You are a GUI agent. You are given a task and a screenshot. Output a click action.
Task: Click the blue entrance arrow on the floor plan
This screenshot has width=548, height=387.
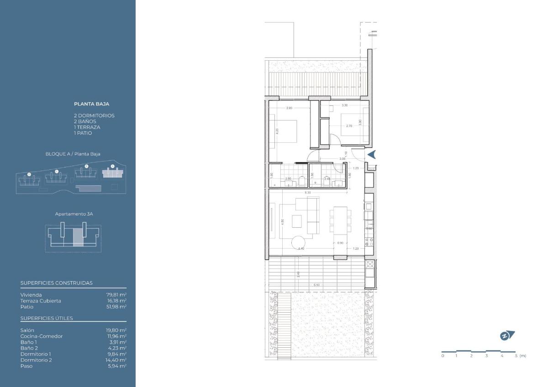click(x=372, y=155)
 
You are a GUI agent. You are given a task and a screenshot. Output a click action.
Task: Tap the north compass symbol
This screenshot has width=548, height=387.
click(x=507, y=336)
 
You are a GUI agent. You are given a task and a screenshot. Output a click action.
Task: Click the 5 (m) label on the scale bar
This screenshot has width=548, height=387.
click(x=520, y=356)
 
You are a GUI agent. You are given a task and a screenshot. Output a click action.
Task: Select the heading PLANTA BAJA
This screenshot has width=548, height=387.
click(x=92, y=104)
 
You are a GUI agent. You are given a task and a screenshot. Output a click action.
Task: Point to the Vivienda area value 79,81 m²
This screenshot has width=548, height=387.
click(x=116, y=295)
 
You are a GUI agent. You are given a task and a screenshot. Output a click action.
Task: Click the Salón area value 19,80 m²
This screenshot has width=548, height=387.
click(x=116, y=330)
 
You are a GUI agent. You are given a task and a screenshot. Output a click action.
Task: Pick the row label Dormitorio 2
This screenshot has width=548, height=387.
click(x=36, y=360)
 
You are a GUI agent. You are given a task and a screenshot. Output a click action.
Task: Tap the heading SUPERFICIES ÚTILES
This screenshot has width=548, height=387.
click(x=47, y=318)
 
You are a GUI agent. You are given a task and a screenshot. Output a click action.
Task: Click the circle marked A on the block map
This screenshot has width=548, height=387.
click(x=112, y=166)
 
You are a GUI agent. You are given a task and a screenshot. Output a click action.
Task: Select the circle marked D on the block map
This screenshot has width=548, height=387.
click(x=29, y=174)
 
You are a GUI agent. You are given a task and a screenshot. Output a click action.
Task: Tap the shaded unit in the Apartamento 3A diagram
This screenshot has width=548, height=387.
click(x=78, y=237)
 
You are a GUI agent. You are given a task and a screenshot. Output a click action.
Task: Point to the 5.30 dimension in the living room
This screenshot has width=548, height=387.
click(x=308, y=193)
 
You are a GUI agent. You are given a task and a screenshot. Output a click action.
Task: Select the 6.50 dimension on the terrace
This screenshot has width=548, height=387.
click(x=316, y=285)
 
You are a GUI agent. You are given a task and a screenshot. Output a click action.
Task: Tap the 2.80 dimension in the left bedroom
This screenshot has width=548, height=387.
click(x=289, y=108)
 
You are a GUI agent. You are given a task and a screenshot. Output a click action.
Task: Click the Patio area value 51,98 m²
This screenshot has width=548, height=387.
click(x=116, y=307)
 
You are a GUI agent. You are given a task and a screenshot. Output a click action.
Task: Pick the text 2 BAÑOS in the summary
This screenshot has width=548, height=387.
click(x=85, y=121)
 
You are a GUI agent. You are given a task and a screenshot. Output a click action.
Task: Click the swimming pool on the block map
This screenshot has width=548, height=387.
click(x=89, y=188)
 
